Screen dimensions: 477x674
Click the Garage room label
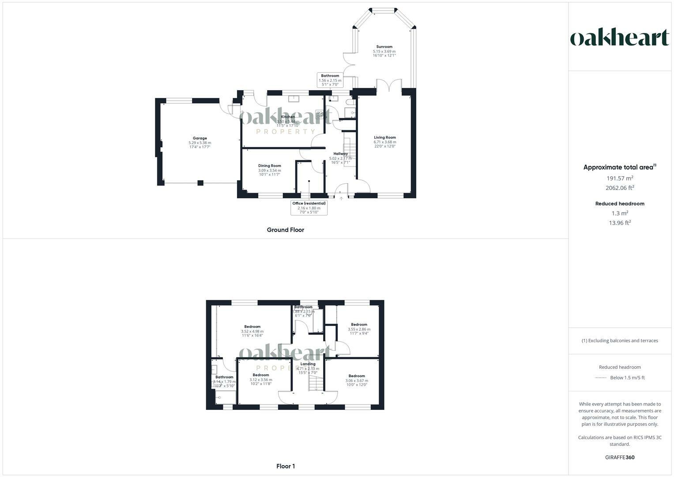click(x=200, y=138)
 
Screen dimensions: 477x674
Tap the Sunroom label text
click(x=384, y=46)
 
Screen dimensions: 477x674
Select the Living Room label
click(x=385, y=137)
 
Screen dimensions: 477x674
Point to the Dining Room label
click(x=269, y=166)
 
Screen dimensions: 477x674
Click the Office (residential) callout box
click(x=309, y=208)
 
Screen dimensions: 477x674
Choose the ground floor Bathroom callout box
click(x=330, y=80)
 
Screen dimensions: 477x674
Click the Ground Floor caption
click(x=285, y=230)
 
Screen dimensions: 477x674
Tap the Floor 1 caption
click(x=286, y=466)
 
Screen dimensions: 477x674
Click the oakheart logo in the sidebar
click(x=620, y=38)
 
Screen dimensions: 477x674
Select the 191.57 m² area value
click(x=620, y=178)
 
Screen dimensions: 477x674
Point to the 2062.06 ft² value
click(x=620, y=188)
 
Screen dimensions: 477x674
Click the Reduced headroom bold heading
click(x=620, y=204)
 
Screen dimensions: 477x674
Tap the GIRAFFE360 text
click(x=620, y=458)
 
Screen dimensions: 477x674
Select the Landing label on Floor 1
click(x=308, y=364)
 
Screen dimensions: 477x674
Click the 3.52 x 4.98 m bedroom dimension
click(x=252, y=331)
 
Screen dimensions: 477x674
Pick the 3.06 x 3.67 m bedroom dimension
click(x=357, y=381)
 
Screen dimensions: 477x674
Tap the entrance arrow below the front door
click(x=341, y=199)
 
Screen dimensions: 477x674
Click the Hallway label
click(x=340, y=154)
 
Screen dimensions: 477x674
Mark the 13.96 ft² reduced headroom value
click(x=620, y=223)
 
